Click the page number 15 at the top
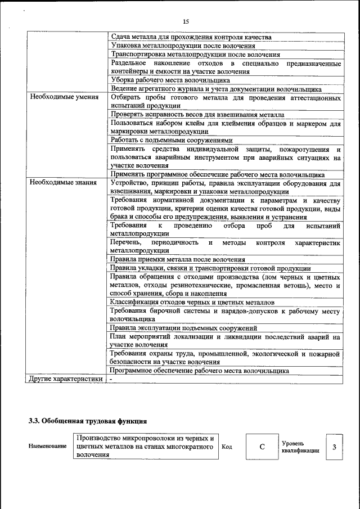tap(186, 21)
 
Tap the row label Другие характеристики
tap(66, 379)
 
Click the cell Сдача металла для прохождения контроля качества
tap(192, 37)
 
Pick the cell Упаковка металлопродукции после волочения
tap(183, 46)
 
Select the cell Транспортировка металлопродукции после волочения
tap(195, 55)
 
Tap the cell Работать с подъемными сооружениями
tap(172, 139)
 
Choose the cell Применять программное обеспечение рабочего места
tap(217, 174)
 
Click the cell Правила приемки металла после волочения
tap(178, 259)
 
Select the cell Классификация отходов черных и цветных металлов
tap(192, 301)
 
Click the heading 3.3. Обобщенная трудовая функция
tap(88, 420)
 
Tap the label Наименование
tap(48, 446)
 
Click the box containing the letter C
tap(262, 447)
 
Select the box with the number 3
tap(334, 447)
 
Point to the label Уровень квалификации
tap(301, 447)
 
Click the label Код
tap(227, 447)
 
